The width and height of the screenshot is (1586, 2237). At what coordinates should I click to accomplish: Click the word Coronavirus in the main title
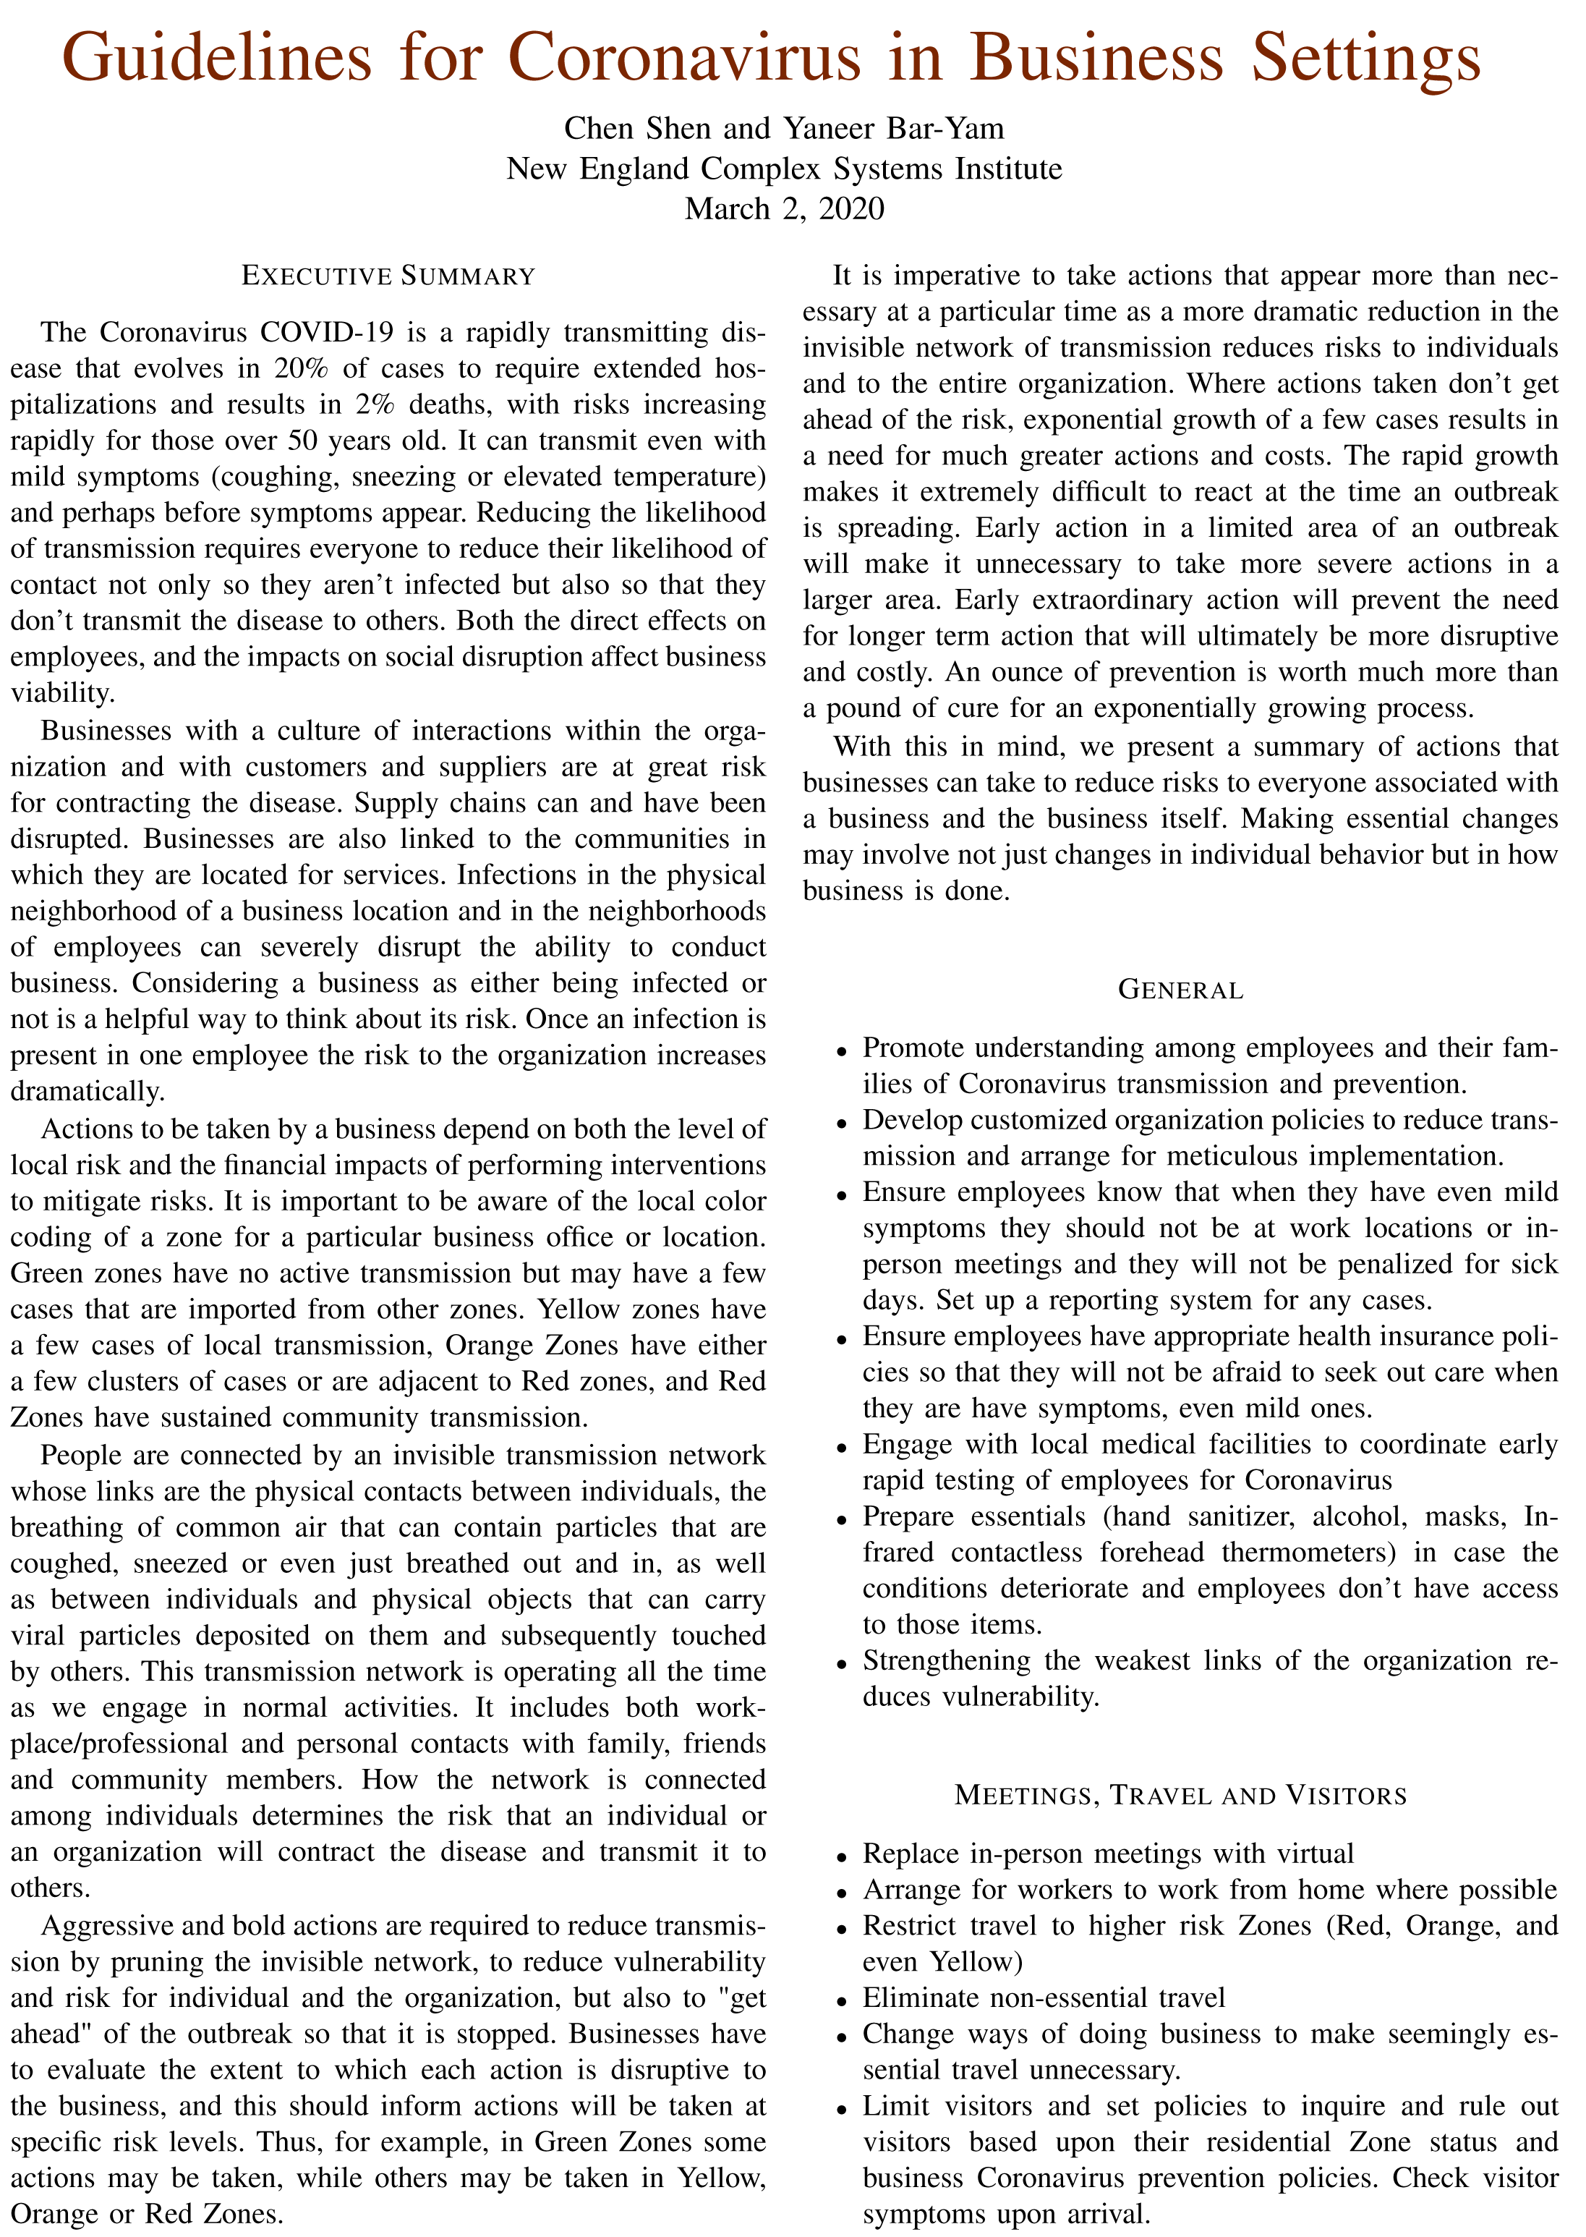click(683, 56)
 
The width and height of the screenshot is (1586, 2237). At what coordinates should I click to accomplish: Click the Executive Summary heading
click(388, 276)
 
